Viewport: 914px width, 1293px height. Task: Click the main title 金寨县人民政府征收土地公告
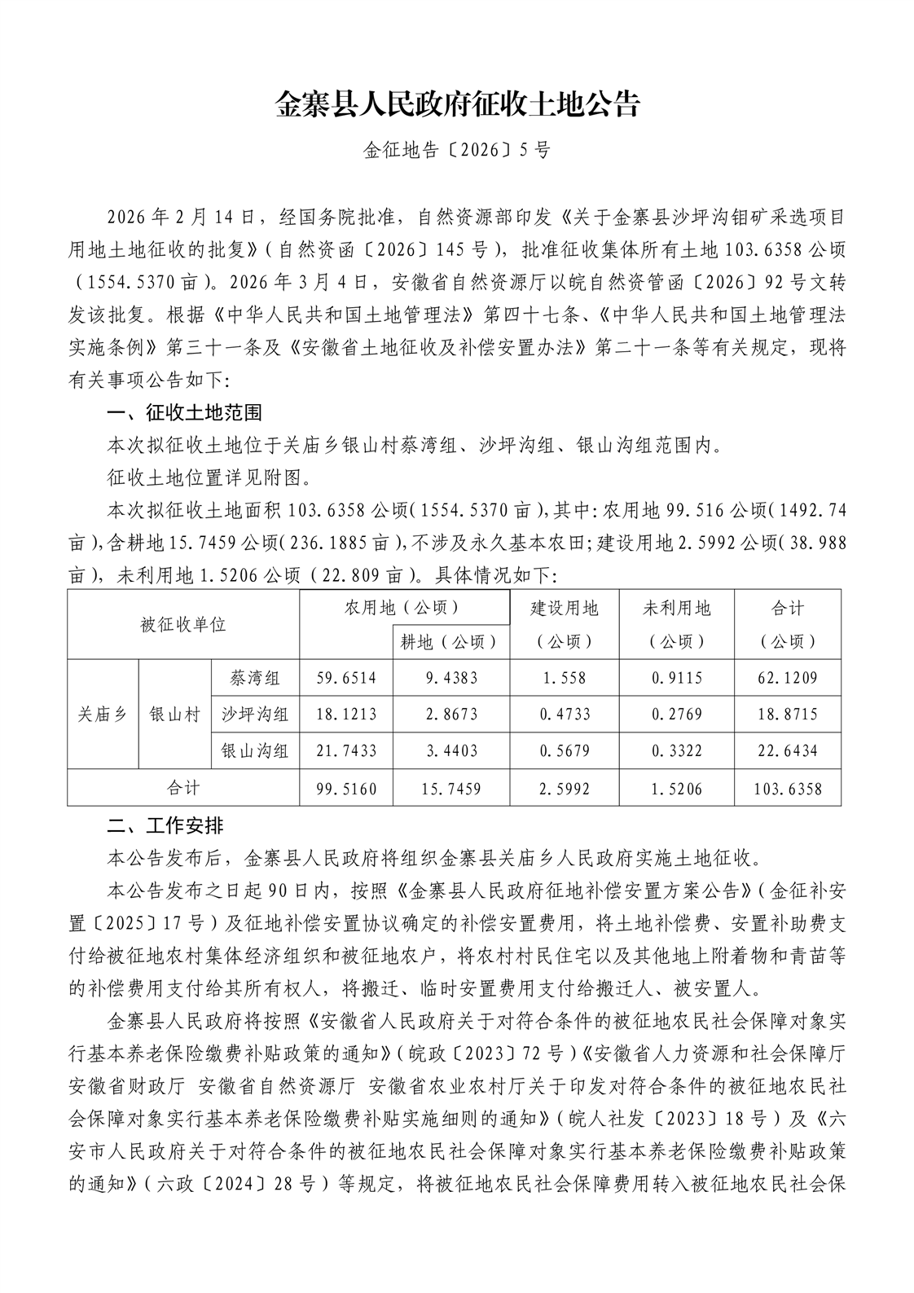pyautogui.click(x=456, y=104)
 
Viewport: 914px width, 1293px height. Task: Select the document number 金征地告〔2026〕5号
pyautogui.click(x=456, y=151)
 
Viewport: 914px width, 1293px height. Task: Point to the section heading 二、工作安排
pyautogui.click(x=165, y=825)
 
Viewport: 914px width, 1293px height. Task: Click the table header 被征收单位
pyautogui.click(x=182, y=625)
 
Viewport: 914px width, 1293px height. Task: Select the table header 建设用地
pyautogui.click(x=564, y=608)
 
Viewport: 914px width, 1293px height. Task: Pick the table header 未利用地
pyautogui.click(x=677, y=608)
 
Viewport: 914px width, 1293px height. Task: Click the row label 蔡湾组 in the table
pyautogui.click(x=255, y=678)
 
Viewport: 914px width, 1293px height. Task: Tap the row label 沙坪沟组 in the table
pyautogui.click(x=255, y=715)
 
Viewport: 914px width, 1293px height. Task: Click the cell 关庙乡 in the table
pyautogui.click(x=103, y=715)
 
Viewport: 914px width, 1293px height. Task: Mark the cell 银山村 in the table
pyautogui.click(x=174, y=715)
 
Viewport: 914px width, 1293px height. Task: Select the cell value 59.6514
pyautogui.click(x=345, y=678)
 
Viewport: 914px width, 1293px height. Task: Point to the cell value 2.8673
pyautogui.click(x=451, y=715)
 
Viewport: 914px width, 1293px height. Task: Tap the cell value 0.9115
pyautogui.click(x=677, y=678)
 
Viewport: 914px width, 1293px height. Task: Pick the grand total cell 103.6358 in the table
pyautogui.click(x=787, y=788)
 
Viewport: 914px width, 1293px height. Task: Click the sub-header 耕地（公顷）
pyautogui.click(x=450, y=641)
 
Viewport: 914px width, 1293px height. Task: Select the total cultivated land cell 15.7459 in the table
pyautogui.click(x=451, y=788)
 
